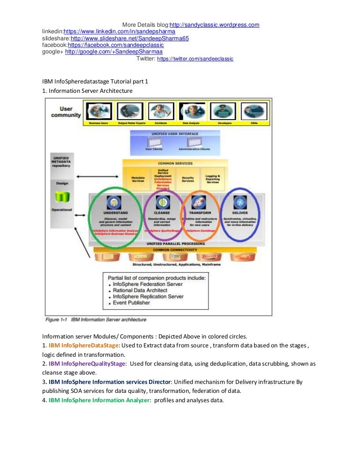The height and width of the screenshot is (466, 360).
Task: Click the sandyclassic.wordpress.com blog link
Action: coord(214,25)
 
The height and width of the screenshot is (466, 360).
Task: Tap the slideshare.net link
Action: coord(129,38)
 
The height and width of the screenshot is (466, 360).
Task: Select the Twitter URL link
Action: coord(195,59)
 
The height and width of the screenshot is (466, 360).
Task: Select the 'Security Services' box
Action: coord(187,180)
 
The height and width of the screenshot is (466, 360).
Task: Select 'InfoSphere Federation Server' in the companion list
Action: coord(148,284)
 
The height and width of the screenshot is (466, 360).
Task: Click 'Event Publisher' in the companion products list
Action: coord(131,302)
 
